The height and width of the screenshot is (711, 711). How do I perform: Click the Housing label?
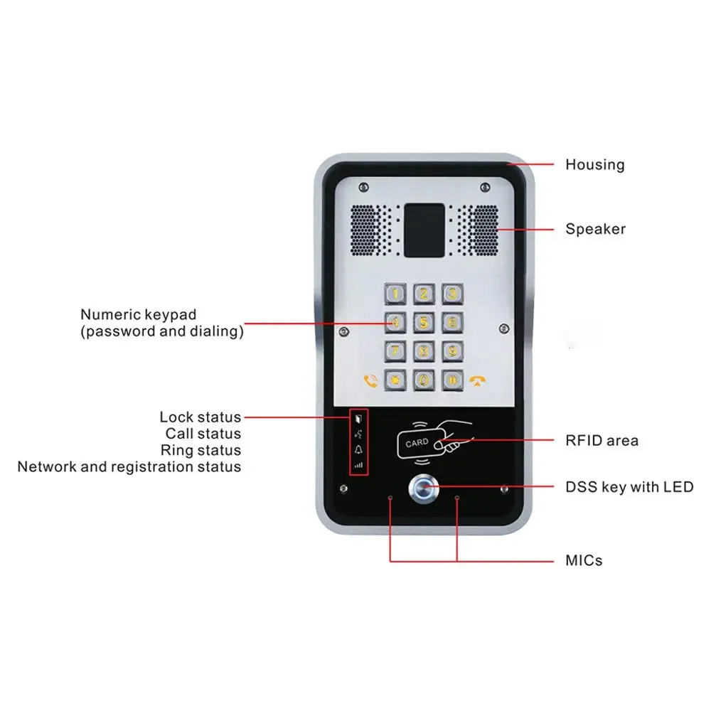tap(594, 165)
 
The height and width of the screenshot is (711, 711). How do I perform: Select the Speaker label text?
tap(595, 229)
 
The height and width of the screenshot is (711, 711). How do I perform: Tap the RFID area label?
tap(602, 441)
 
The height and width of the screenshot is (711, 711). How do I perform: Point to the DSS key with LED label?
tap(629, 487)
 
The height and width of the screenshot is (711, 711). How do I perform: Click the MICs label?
tap(584, 560)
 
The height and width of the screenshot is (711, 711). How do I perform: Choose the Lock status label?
tap(200, 417)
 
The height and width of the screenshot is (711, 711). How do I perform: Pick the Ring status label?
tap(201, 450)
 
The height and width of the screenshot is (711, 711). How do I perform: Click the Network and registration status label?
tap(129, 467)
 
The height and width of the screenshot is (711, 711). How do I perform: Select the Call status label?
tap(203, 434)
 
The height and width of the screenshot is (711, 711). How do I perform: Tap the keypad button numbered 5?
tap(424, 322)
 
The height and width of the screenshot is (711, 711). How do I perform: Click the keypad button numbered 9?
tap(451, 351)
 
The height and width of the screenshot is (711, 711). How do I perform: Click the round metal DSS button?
tap(422, 488)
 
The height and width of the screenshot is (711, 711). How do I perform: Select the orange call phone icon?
tap(369, 380)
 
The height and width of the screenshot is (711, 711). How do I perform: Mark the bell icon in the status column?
tap(358, 450)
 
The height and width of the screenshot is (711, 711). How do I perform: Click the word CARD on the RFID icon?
tap(417, 442)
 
